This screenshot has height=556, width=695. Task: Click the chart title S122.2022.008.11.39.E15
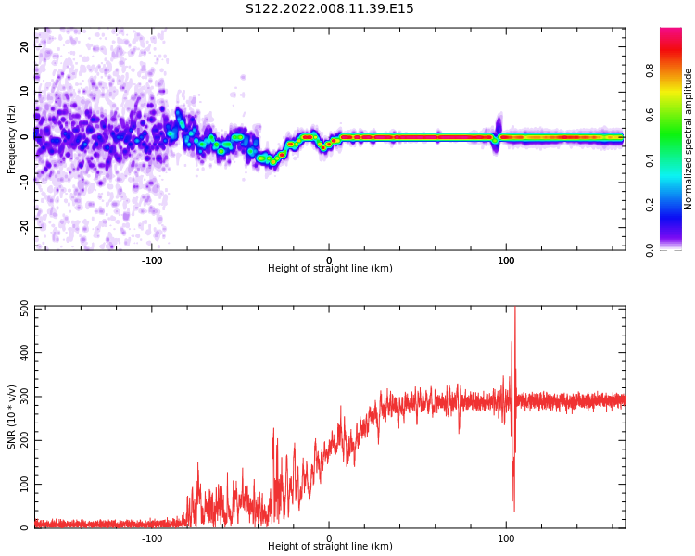point(329,9)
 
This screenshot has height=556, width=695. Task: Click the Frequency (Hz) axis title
point(12,139)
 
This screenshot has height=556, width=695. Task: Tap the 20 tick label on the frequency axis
point(25,46)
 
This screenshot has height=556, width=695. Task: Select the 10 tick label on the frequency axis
point(25,92)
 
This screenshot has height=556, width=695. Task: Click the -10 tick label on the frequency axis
point(23,182)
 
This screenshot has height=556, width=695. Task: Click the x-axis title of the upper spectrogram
point(330,269)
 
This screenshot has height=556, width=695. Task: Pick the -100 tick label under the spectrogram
point(152,260)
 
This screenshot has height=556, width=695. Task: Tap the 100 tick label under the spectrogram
point(506,260)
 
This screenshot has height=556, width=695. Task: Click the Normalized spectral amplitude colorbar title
point(689,139)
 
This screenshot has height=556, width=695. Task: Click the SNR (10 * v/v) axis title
point(12,417)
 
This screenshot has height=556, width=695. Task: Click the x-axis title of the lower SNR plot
point(330,547)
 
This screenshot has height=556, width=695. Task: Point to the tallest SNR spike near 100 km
point(514,311)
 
